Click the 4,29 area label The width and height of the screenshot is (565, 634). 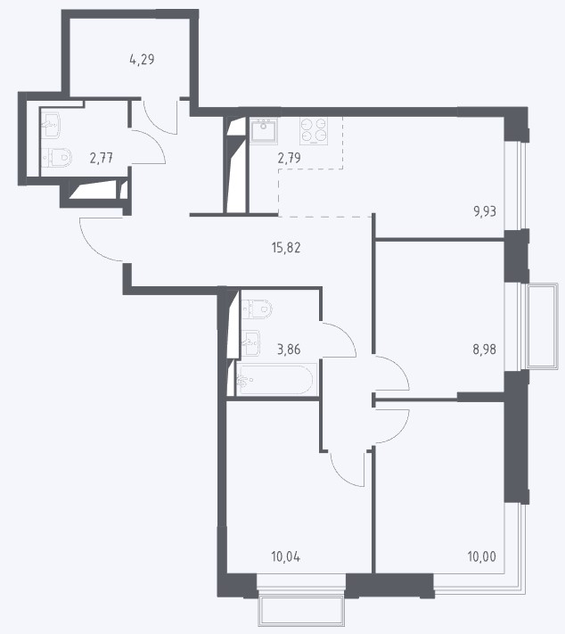pos(142,60)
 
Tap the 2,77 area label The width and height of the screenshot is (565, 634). pos(102,158)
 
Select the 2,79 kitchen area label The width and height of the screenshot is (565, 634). pos(289,158)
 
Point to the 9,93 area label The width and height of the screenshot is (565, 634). pos(485,211)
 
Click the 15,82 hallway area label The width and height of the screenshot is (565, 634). pos(286,248)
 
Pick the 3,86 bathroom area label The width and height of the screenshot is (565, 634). pos(289,349)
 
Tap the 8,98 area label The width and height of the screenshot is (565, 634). pos(485,349)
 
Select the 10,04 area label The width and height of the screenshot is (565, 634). pos(286,556)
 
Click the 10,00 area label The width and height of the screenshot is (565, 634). pos(482,556)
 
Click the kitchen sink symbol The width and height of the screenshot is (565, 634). pos(264,131)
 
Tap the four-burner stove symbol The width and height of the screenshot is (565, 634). pos(314,131)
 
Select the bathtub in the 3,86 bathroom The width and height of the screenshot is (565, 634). pos(275,379)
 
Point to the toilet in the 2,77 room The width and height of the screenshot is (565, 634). pos(57,157)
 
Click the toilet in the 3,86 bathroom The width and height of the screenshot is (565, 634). pos(257,309)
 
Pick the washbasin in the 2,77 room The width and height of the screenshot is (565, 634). pos(51,124)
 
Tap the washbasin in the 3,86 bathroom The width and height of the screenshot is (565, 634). pos(250,343)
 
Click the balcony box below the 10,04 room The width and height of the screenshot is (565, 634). pos(301,611)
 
